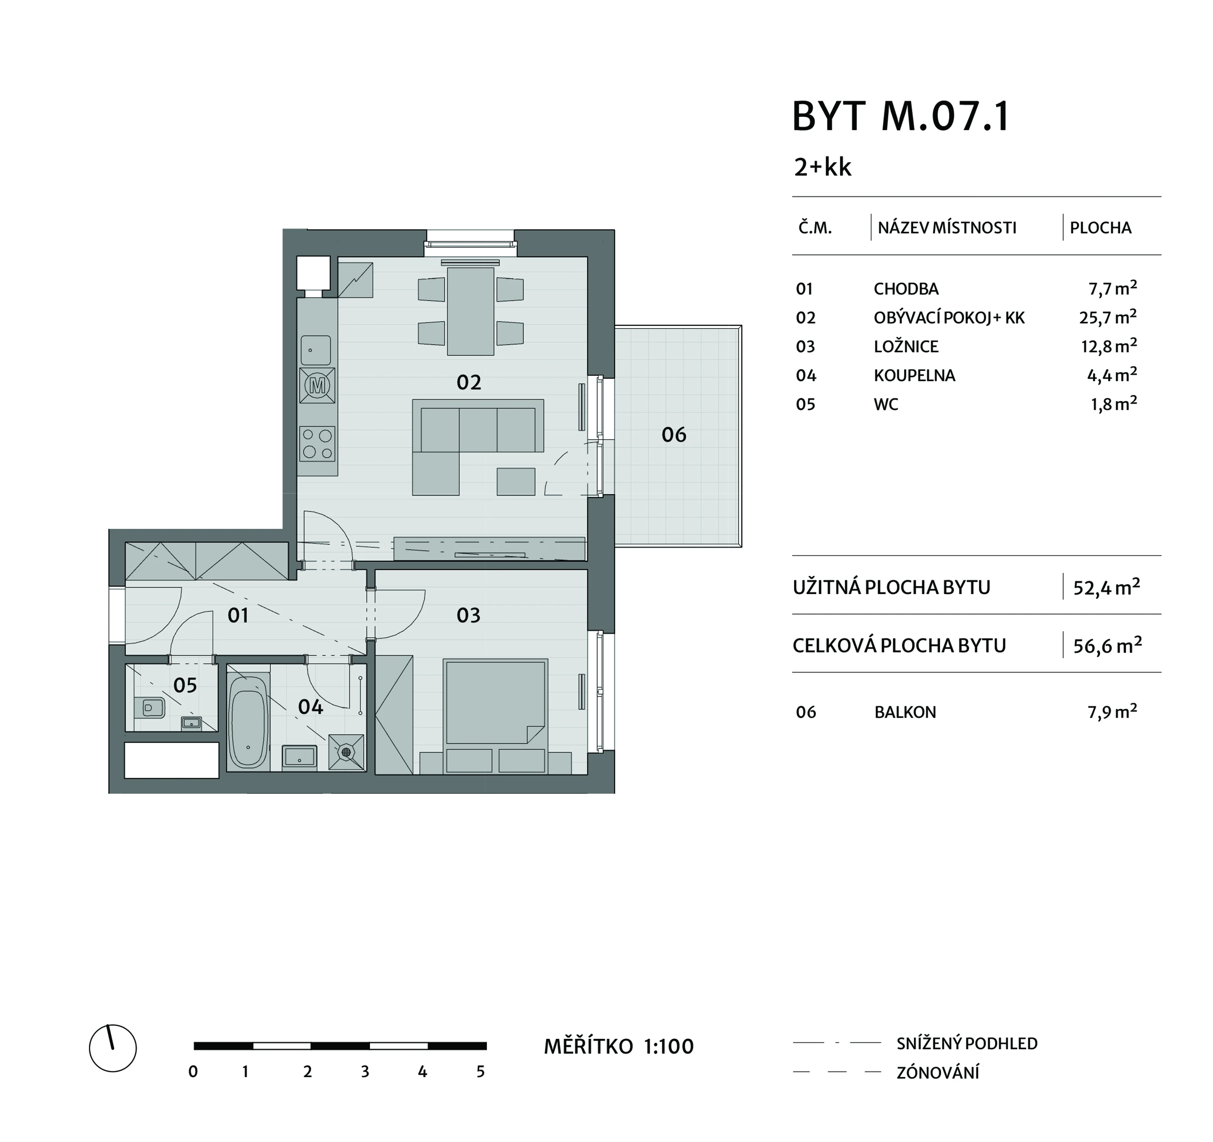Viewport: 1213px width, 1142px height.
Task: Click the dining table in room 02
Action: pyautogui.click(x=470, y=311)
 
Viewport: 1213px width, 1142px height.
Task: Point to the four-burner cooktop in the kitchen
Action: pyautogui.click(x=317, y=444)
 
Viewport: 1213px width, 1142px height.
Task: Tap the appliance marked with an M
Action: pyautogui.click(x=317, y=385)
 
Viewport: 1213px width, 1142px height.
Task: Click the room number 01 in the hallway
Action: pyautogui.click(x=238, y=616)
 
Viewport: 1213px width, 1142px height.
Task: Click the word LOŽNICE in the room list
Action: pyautogui.click(x=906, y=347)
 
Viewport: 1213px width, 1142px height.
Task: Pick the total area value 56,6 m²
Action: pyautogui.click(x=1108, y=645)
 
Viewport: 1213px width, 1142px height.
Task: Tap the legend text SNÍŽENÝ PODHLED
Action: pyautogui.click(x=967, y=1044)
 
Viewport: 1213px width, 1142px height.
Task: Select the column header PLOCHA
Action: pyautogui.click(x=1101, y=228)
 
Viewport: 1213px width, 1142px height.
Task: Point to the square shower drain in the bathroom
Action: pyautogui.click(x=346, y=752)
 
